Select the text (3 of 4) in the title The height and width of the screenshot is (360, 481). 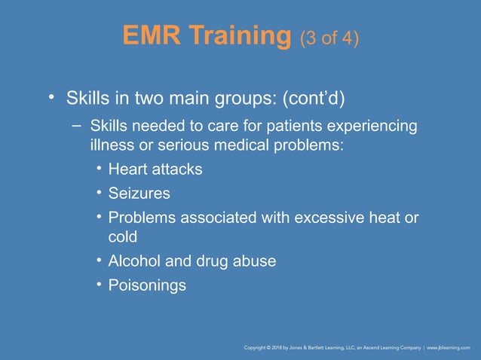(x=329, y=38)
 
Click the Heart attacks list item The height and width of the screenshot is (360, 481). (x=155, y=169)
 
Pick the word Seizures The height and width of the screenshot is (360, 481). (x=139, y=193)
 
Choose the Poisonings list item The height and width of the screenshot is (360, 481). (x=147, y=285)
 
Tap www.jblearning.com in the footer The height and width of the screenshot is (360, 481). (x=449, y=348)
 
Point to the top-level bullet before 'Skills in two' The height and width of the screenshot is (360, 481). (x=51, y=98)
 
